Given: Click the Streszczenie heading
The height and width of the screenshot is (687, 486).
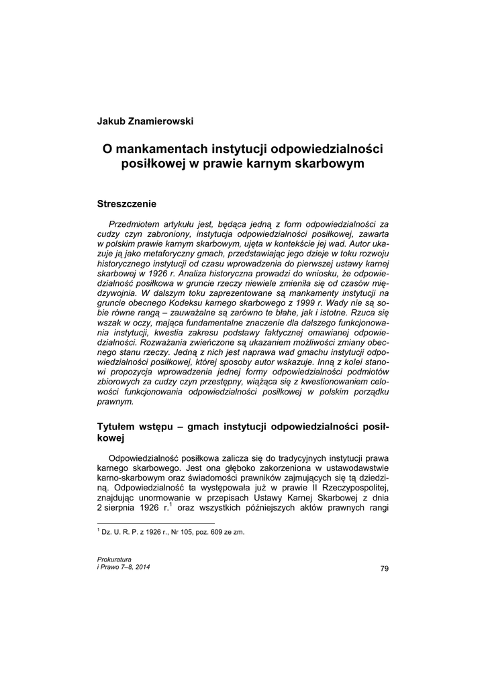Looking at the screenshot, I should click(127, 203).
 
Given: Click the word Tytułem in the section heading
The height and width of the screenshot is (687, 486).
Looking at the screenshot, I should click(119, 427).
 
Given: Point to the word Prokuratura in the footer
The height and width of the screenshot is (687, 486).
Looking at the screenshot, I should click(114, 559).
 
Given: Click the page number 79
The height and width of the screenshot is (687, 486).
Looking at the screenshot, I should click(384, 569).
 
